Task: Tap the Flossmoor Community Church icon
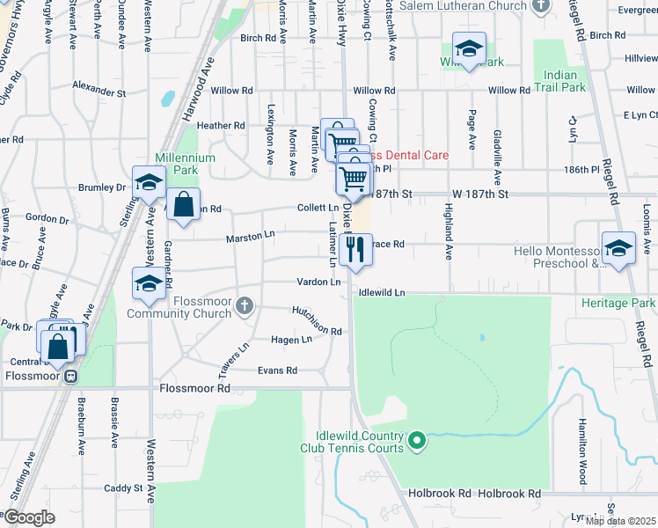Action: (245, 305)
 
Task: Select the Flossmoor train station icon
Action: (73, 376)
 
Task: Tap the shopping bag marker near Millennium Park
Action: (183, 205)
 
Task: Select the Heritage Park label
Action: (618, 303)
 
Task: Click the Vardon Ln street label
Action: (318, 282)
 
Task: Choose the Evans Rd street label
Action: (277, 370)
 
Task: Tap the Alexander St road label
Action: (99, 91)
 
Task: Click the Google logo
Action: (29, 517)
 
